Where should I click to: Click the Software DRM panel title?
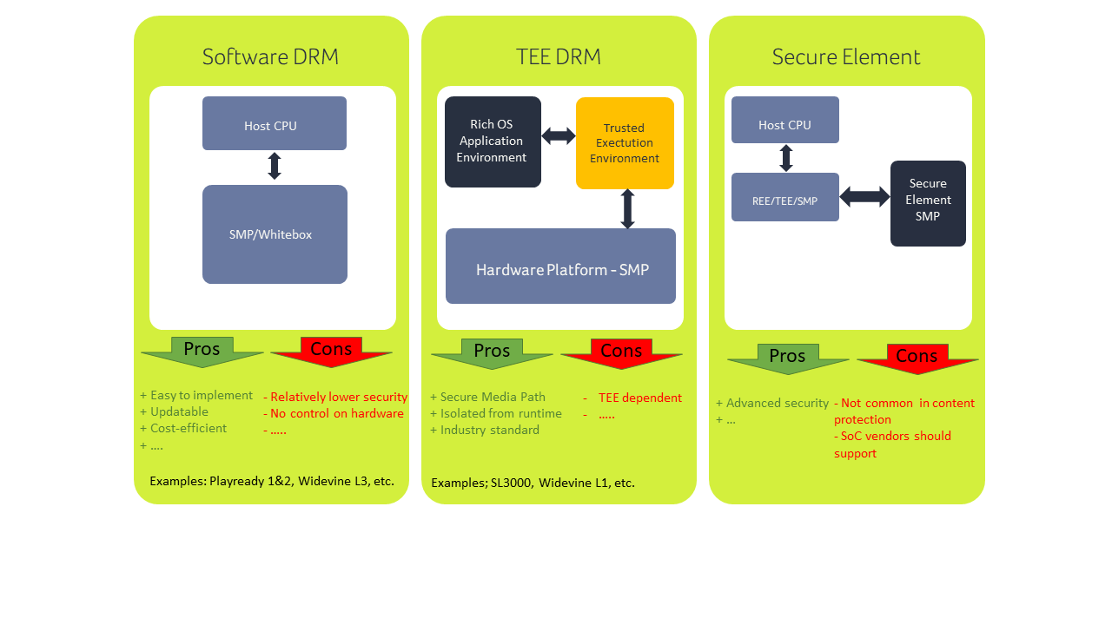pyautogui.click(x=270, y=57)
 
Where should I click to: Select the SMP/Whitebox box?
pyautogui.click(x=275, y=234)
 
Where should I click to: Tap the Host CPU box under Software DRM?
pyautogui.click(x=275, y=124)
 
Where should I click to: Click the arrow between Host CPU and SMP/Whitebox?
pyautogui.click(x=275, y=166)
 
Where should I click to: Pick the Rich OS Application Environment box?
pyautogui.click(x=493, y=141)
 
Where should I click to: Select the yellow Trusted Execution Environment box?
pyautogui.click(x=625, y=143)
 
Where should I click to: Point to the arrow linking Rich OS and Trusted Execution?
pyautogui.click(x=559, y=135)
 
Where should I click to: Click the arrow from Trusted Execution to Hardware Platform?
pyautogui.click(x=627, y=209)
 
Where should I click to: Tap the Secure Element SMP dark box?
pyautogui.click(x=928, y=203)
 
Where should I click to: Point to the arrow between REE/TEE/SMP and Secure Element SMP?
pyautogui.click(x=864, y=197)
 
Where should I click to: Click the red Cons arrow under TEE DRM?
pyautogui.click(x=621, y=352)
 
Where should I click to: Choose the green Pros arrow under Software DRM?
pyautogui.click(x=202, y=351)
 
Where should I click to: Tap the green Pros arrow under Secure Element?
pyautogui.click(x=788, y=358)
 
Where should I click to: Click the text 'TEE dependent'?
pyautogui.click(x=640, y=398)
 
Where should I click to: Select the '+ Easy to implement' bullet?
pyautogui.click(x=196, y=395)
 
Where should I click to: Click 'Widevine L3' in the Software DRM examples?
pyautogui.click(x=328, y=481)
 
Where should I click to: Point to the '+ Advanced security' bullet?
pyautogui.click(x=772, y=403)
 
